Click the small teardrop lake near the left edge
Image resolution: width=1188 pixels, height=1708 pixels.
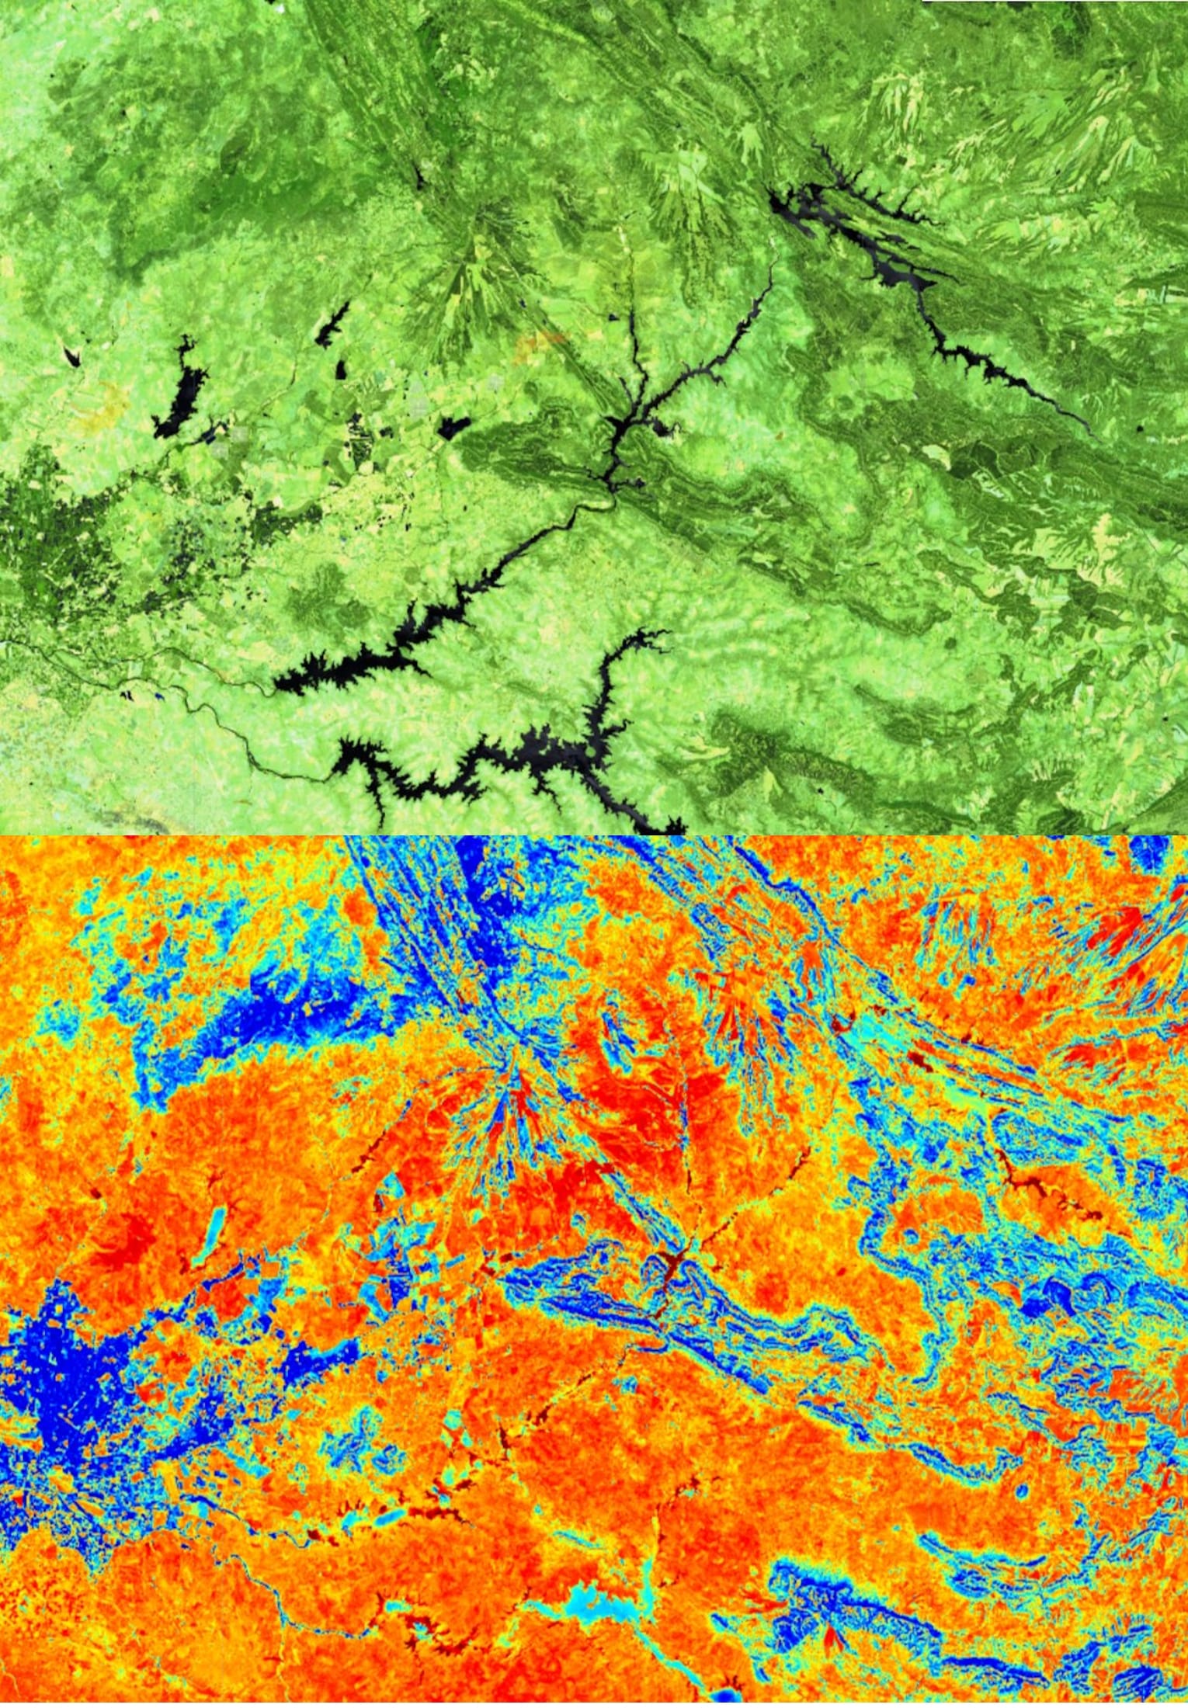[71, 355]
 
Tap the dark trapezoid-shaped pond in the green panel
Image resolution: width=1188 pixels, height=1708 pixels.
[455, 426]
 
